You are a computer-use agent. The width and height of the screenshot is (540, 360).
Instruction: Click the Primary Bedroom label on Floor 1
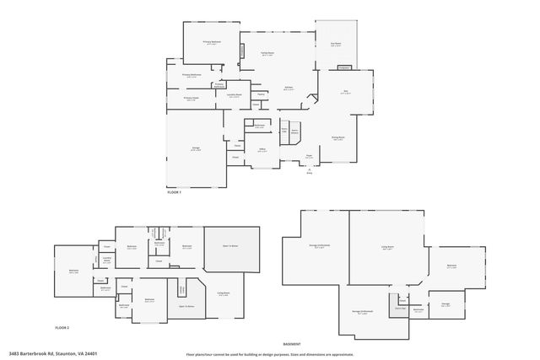[211, 41]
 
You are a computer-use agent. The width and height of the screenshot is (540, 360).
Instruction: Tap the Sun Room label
[336, 45]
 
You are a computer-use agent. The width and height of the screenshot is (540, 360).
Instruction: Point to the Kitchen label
[288, 87]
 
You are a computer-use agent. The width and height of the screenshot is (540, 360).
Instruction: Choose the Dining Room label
[337, 138]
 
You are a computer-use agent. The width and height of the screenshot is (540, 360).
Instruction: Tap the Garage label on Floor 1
[195, 148]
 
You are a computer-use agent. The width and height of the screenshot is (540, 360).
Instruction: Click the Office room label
[262, 150]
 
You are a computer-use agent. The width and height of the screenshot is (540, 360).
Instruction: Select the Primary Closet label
[192, 98]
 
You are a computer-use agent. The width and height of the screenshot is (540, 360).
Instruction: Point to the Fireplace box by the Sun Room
[344, 67]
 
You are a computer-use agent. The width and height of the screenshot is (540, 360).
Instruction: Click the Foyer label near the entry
[310, 155]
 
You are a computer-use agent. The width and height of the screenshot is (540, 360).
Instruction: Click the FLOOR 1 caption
[175, 193]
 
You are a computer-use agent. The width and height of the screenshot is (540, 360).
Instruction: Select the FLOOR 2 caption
[62, 325]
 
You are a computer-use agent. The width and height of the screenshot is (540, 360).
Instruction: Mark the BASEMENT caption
[292, 344]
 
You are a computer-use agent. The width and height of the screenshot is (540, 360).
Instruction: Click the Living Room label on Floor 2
[224, 293]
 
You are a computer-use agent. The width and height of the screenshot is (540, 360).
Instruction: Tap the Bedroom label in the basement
[451, 266]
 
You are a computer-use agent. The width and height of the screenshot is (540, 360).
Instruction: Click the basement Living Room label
[388, 248]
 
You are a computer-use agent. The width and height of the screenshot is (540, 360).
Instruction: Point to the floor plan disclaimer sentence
[270, 354]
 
